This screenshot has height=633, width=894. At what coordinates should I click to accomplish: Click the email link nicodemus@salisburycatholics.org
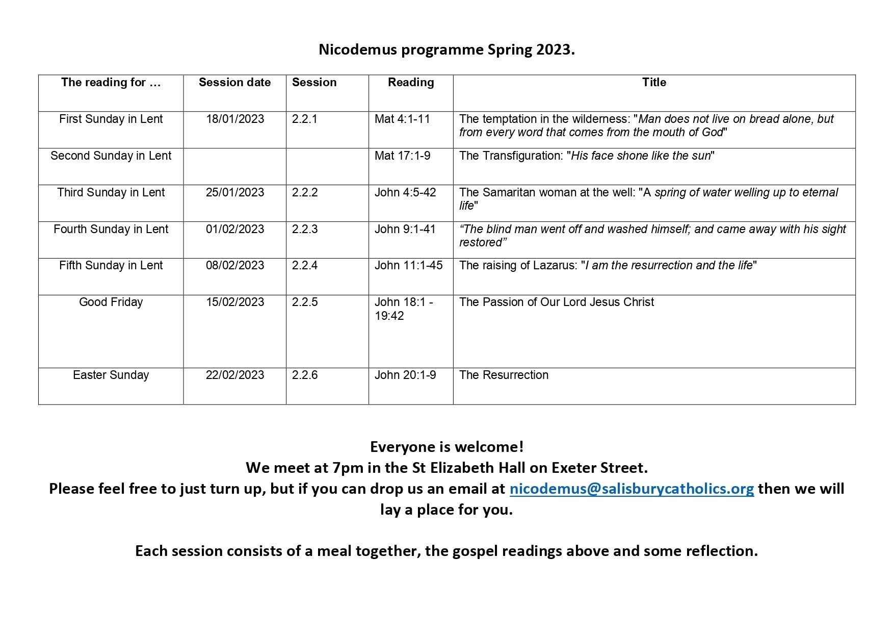[632, 489]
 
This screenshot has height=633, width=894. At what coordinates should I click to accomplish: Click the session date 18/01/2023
[235, 119]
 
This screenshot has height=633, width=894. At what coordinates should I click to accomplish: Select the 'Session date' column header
[234, 83]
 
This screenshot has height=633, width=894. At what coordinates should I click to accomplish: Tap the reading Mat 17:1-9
[402, 156]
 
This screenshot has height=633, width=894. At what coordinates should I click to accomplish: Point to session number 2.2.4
[305, 265]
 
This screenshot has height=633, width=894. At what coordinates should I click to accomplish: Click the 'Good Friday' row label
[111, 302]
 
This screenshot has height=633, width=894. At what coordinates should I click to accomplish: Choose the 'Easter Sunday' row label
[111, 375]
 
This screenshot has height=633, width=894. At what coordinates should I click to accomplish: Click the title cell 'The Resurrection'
[504, 375]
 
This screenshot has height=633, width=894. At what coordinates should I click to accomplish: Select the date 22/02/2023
[235, 375]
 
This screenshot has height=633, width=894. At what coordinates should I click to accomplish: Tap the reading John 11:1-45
[408, 265]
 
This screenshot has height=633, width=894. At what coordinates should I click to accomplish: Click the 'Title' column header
[654, 83]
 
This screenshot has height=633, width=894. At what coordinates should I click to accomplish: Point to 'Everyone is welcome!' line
[446, 447]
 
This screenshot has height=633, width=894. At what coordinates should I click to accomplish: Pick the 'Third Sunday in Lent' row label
[111, 192]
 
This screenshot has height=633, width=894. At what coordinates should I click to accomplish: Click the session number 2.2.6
[305, 375]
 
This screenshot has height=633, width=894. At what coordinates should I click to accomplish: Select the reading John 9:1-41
[405, 229]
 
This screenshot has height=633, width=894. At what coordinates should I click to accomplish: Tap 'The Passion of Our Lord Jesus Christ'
[556, 302]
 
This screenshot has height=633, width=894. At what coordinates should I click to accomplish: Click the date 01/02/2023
[235, 229]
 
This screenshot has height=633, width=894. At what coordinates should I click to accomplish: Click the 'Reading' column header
[411, 83]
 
